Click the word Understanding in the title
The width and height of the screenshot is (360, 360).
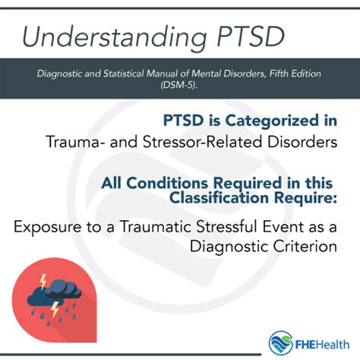(x=115, y=37)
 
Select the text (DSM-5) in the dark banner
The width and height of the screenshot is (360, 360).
(x=179, y=85)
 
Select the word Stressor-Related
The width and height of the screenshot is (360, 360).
(x=203, y=141)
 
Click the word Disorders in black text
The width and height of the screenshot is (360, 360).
(x=302, y=141)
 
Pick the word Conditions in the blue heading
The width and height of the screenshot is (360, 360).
(x=167, y=183)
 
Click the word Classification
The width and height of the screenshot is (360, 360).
(x=219, y=197)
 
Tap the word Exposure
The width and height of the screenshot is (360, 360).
(x=48, y=227)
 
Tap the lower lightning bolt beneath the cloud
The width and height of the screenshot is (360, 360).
(x=55, y=309)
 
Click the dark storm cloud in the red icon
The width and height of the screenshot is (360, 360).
(x=54, y=293)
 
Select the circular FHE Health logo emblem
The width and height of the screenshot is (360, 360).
(x=281, y=343)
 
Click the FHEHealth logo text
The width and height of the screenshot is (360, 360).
(x=322, y=345)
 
